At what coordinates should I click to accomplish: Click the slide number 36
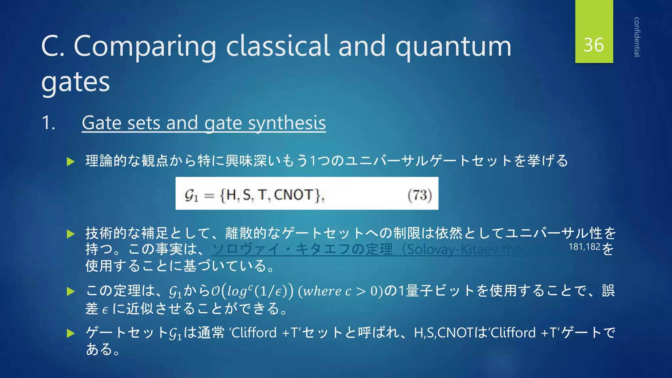[x=594, y=45]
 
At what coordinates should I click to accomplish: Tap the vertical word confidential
[x=637, y=37]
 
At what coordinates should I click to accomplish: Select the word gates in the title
[x=75, y=82]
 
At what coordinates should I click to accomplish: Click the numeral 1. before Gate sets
[x=49, y=123]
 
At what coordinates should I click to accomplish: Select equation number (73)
[x=419, y=195]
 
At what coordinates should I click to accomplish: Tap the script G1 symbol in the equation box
[x=191, y=196]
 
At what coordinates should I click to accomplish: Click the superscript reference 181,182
[x=584, y=247]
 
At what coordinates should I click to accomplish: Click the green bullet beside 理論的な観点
[x=71, y=161]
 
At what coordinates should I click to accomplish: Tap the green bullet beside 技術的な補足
[x=71, y=234]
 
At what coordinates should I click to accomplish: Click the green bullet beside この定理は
[x=71, y=291]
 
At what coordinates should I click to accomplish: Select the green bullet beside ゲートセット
[x=71, y=334]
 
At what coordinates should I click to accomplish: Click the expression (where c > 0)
[x=340, y=291]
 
